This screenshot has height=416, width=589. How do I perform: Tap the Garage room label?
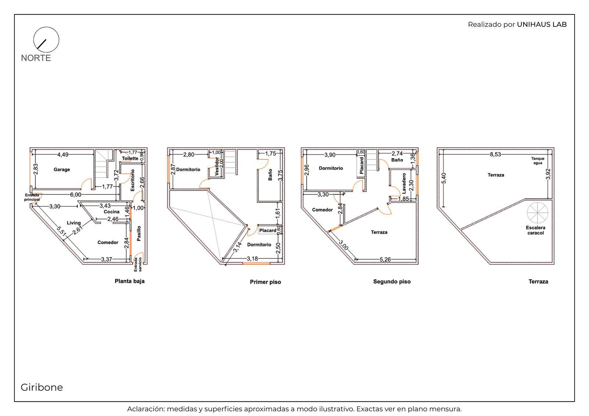(x=62, y=170)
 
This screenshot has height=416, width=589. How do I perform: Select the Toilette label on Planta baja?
(x=130, y=158)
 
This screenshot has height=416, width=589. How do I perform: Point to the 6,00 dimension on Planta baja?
(x=75, y=195)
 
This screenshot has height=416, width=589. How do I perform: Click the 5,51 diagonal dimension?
(x=61, y=231)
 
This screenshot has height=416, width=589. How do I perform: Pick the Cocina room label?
(x=112, y=212)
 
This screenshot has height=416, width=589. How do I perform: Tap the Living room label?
(x=74, y=223)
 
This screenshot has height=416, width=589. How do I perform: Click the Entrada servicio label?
(x=138, y=264)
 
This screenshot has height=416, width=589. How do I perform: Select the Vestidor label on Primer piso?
(x=217, y=166)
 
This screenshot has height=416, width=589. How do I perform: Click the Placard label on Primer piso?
(x=268, y=231)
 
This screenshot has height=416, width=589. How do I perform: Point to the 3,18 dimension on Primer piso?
(x=252, y=259)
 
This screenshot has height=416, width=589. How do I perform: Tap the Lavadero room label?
(x=404, y=184)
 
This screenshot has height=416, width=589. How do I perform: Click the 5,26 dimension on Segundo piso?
(x=385, y=260)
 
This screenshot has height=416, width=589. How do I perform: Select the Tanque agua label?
(x=538, y=161)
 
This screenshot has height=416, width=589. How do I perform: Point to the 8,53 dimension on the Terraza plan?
(x=495, y=154)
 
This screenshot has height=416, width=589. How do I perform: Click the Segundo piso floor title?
(x=392, y=281)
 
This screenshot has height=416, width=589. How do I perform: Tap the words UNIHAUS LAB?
(x=542, y=24)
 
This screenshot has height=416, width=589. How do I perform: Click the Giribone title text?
(x=42, y=387)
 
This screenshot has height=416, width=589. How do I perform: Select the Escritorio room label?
(x=133, y=180)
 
